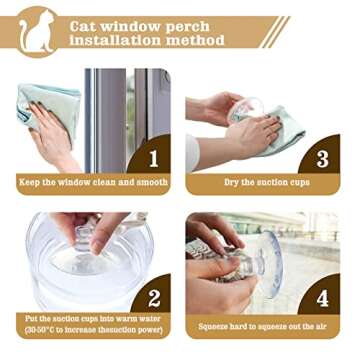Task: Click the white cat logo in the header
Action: point(36,31)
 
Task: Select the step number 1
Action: point(154,160)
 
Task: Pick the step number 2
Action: point(154,299)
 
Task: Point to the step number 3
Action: point(323,160)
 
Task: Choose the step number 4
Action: point(323,299)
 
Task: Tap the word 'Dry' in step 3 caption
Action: point(231,182)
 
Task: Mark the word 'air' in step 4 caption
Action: point(319,326)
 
